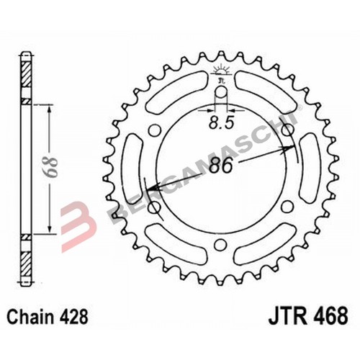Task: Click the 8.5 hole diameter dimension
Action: pos(221,123)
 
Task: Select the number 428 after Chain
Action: pos(73,317)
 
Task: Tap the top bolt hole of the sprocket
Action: pos(221,92)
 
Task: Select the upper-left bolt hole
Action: pos(155,130)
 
